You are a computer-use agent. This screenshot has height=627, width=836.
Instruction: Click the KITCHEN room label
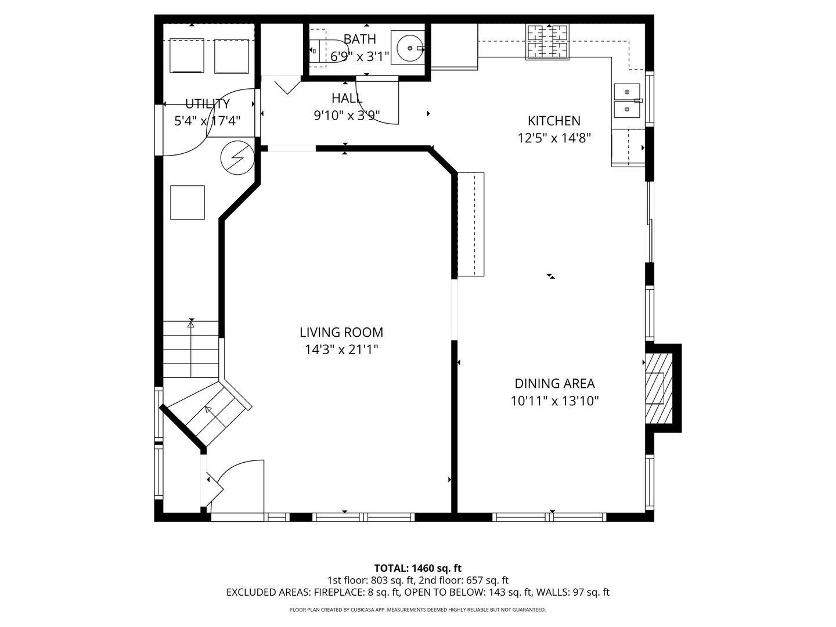click(x=553, y=121)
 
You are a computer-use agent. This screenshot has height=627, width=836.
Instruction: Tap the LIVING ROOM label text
click(x=341, y=333)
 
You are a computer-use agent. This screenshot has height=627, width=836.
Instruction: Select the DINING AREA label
click(x=554, y=383)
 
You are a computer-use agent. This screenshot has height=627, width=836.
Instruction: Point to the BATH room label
click(x=359, y=39)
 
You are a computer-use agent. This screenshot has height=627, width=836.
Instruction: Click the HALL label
click(x=347, y=98)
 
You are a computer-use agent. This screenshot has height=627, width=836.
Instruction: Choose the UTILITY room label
click(x=207, y=104)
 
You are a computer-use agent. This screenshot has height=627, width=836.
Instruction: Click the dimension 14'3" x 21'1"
click(x=341, y=349)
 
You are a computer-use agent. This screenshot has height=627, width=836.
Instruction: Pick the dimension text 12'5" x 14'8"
click(x=554, y=138)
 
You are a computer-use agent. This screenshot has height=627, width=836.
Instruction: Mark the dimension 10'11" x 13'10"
click(x=554, y=401)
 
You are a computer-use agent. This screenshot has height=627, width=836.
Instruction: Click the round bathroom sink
click(x=409, y=48)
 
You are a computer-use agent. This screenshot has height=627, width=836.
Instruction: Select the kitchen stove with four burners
click(x=547, y=42)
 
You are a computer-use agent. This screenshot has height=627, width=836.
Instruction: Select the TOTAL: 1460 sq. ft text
click(x=417, y=568)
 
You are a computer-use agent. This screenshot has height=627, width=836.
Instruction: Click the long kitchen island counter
click(x=471, y=224)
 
